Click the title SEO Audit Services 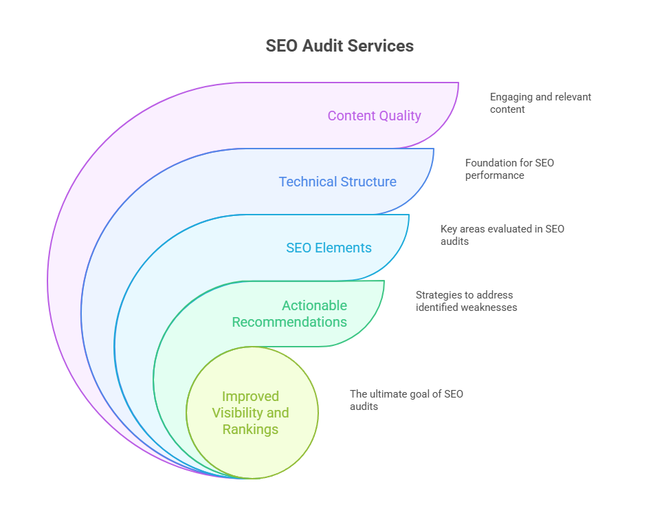(x=340, y=46)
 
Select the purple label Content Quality (x=374, y=116)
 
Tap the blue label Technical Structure (x=337, y=182)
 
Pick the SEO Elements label (x=329, y=248)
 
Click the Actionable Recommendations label (x=289, y=314)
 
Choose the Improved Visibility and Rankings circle (x=252, y=413)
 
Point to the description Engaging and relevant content (x=540, y=103)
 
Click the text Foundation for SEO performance (x=509, y=169)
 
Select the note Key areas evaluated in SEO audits (x=502, y=235)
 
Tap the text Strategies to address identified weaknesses (x=466, y=301)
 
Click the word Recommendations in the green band (x=289, y=322)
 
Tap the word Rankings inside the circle (x=250, y=429)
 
